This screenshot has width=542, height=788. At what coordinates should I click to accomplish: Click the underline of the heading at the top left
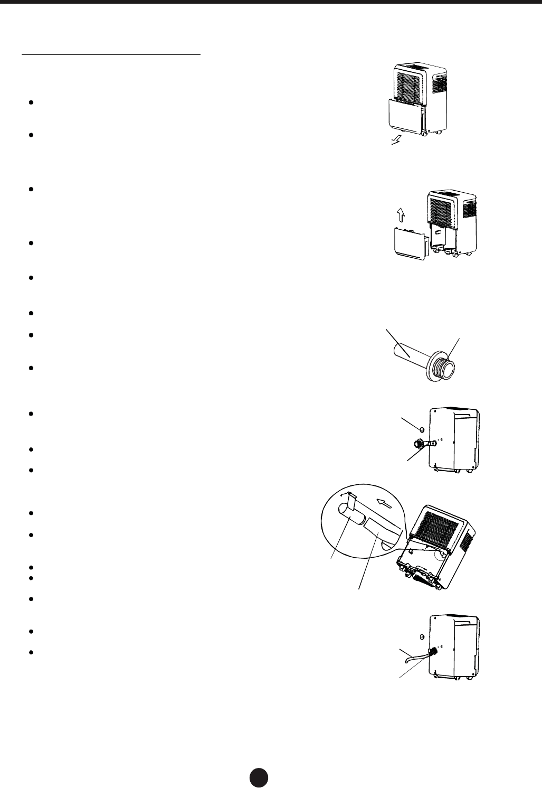(111, 54)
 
